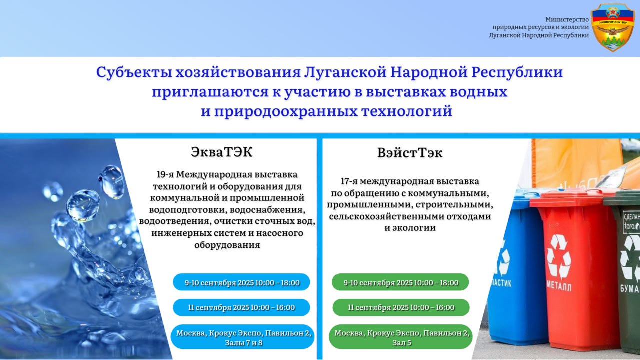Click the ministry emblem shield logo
tap(612, 27)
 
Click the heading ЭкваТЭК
tap(221, 152)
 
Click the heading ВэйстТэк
tap(410, 153)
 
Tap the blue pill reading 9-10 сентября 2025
tap(241, 282)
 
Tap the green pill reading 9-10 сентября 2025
tap(400, 282)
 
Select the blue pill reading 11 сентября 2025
tap(241, 307)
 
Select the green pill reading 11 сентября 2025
tap(401, 307)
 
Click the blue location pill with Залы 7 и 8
tap(243, 337)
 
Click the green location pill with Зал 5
tap(401, 337)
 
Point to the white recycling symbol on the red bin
tap(559, 257)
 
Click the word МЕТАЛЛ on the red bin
tap(559, 287)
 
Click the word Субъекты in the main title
tap(134, 72)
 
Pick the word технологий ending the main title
tap(407, 111)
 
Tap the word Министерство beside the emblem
tap(567, 19)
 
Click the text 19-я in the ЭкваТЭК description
tap(165, 174)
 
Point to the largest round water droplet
tap(83, 205)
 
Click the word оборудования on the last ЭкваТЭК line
tap(227, 245)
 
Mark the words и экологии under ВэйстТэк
tap(410, 228)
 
